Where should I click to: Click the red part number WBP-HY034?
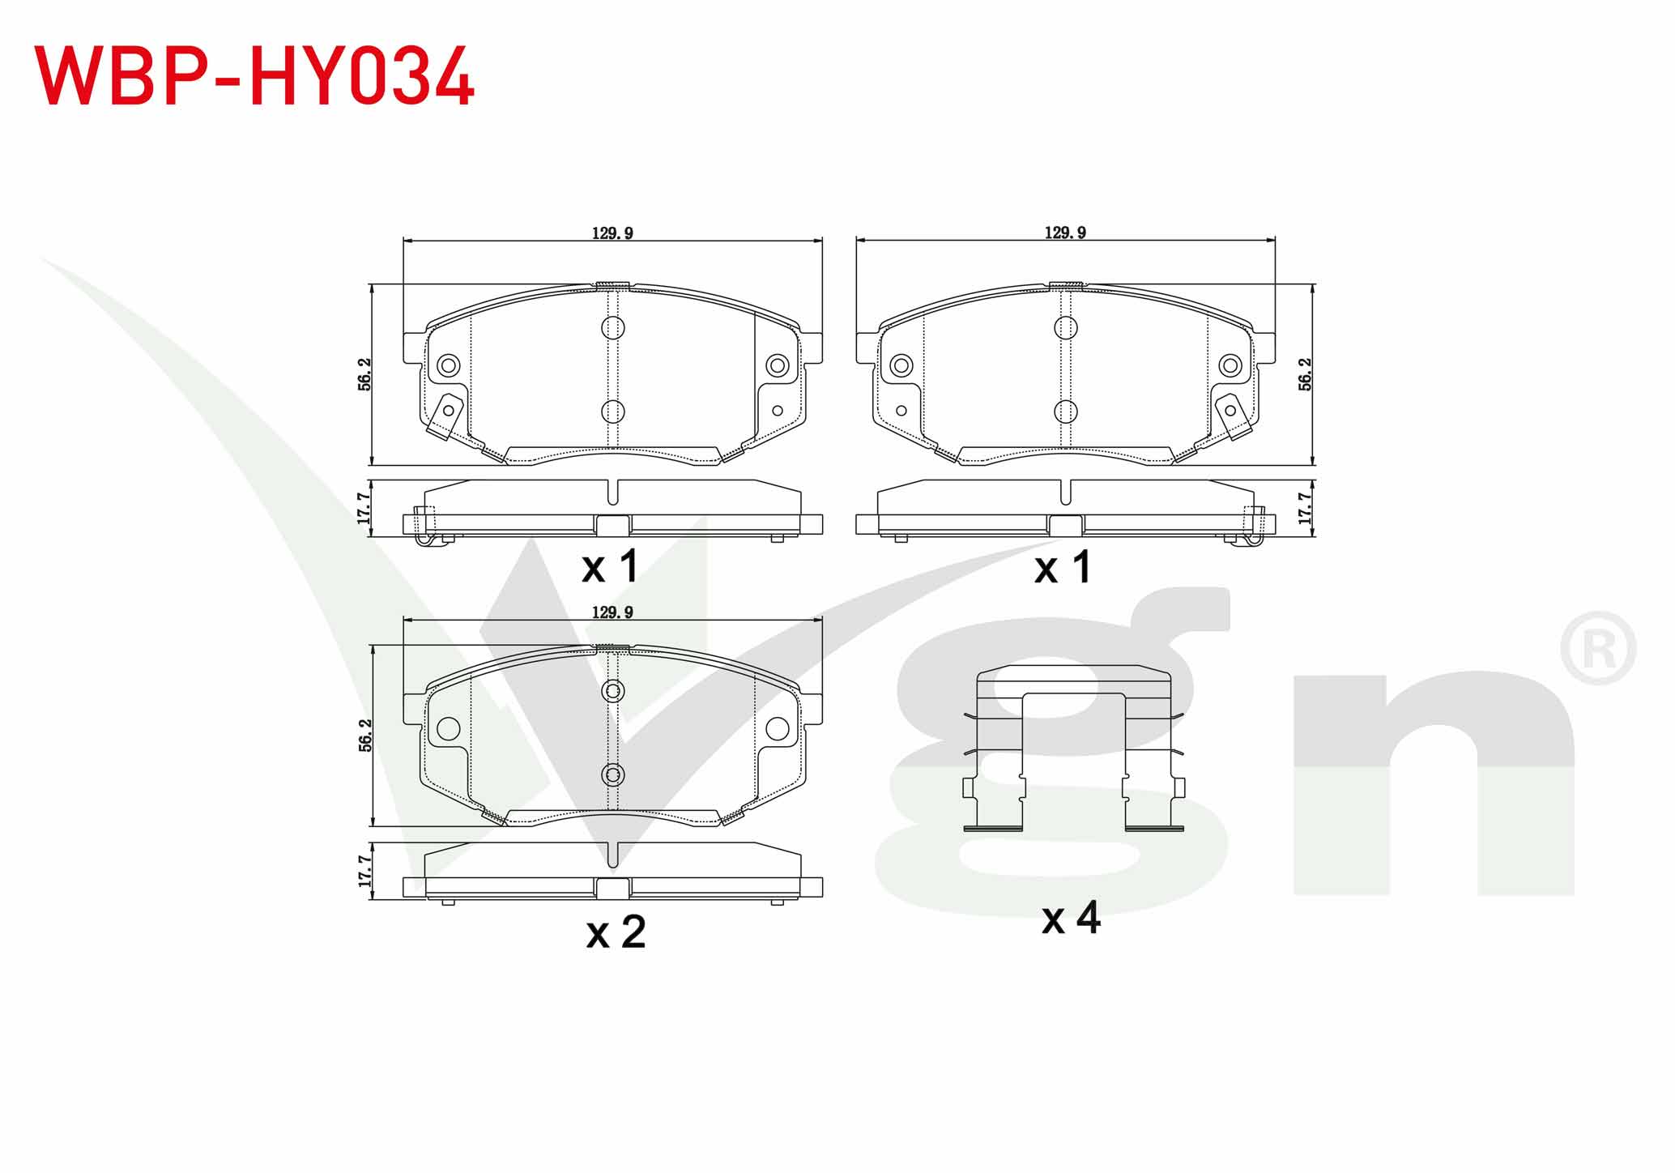(x=254, y=76)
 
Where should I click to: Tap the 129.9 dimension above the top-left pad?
(x=612, y=233)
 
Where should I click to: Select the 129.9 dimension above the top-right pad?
(x=1065, y=233)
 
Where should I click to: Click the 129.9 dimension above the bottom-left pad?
(x=612, y=612)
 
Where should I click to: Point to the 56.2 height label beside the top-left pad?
(x=364, y=374)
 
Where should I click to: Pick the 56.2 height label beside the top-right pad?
(x=1305, y=374)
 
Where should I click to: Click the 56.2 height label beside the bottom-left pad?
(x=364, y=736)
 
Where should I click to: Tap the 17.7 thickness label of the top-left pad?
(x=364, y=508)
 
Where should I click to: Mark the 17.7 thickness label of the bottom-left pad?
(x=364, y=871)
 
